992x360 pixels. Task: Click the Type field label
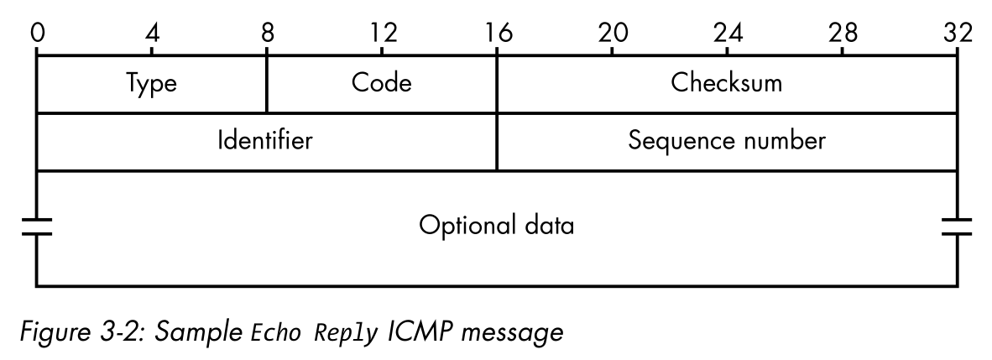(x=152, y=84)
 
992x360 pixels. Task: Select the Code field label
(x=382, y=83)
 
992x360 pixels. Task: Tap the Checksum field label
(x=727, y=83)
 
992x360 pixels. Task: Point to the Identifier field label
(x=265, y=140)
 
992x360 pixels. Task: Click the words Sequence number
(x=727, y=140)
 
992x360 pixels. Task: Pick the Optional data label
(x=497, y=226)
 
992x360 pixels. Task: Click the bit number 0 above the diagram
(x=37, y=33)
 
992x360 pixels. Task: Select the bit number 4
(x=152, y=33)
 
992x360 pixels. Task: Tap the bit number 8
(x=267, y=33)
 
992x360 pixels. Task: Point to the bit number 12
(x=383, y=33)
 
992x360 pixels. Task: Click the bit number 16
(x=498, y=33)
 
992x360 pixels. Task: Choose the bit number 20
(x=613, y=33)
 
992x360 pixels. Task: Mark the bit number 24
(x=728, y=33)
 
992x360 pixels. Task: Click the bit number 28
(x=843, y=33)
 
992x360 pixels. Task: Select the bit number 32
(x=957, y=33)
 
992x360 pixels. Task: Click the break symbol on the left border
(x=37, y=227)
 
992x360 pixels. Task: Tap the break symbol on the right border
(x=957, y=227)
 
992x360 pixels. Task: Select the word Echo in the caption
(x=279, y=333)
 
